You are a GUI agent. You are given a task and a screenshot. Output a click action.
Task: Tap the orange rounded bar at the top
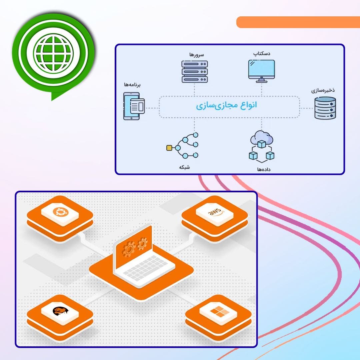tap(298, 22)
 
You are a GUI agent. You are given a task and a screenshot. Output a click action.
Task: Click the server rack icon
tap(195, 71)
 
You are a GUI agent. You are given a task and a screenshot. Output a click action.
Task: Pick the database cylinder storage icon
tap(325, 108)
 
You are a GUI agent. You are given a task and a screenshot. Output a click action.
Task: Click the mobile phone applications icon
tap(134, 106)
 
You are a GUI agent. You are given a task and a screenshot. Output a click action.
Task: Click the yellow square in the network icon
tap(169, 147)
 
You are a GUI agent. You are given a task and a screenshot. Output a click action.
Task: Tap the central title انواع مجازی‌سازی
tap(226, 106)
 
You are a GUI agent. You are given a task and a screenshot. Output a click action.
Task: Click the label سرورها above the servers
tap(195, 54)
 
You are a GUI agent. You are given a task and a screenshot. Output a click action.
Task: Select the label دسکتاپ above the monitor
tap(262, 53)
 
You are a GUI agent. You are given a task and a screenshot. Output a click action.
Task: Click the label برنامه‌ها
tap(132, 85)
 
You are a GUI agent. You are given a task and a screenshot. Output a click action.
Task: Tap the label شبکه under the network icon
tap(184, 167)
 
